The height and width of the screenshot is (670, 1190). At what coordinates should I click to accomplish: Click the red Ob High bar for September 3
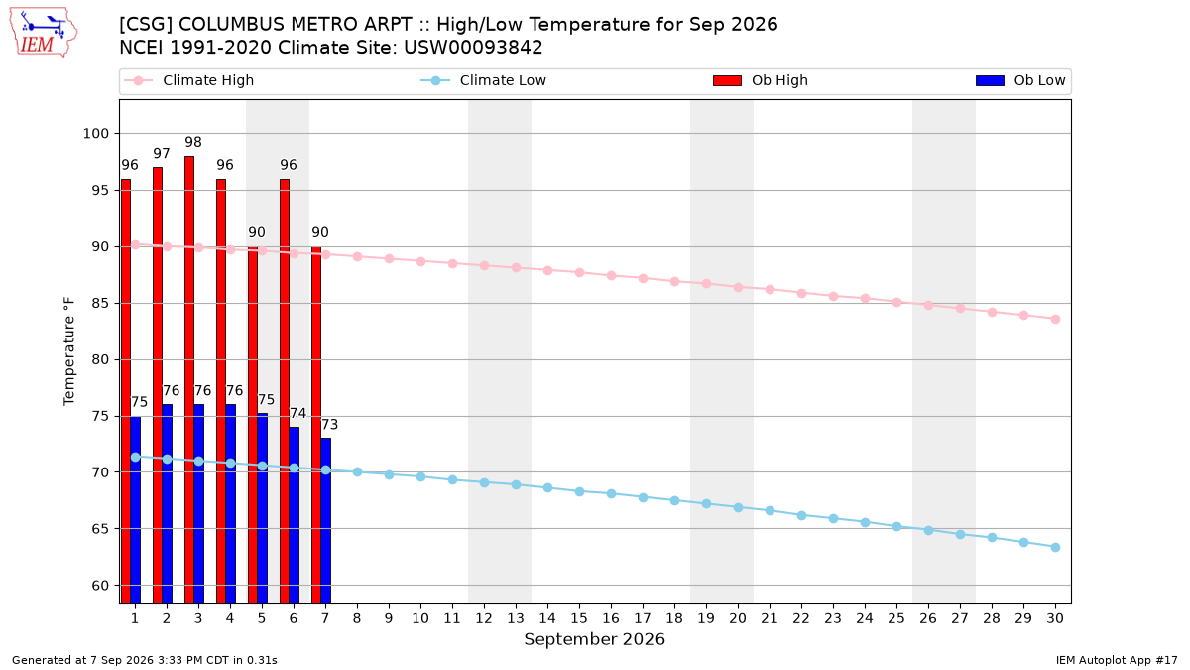pyautogui.click(x=189, y=379)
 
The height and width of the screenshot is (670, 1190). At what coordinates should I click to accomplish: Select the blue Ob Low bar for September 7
pyautogui.click(x=325, y=521)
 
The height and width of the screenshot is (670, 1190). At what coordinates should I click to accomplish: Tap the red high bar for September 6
pyautogui.click(x=285, y=391)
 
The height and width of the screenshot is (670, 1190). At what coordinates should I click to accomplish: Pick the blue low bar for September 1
pyautogui.click(x=136, y=510)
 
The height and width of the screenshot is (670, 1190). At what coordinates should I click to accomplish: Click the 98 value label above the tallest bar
pyautogui.click(x=193, y=142)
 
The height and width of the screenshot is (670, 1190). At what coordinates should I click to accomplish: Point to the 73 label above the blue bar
pyautogui.click(x=330, y=425)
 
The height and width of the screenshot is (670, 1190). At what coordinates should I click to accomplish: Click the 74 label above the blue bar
pyautogui.click(x=298, y=413)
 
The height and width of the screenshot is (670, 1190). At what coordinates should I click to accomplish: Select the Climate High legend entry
pyautogui.click(x=188, y=80)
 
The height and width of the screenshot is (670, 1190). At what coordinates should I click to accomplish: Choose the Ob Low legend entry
pyautogui.click(x=1020, y=80)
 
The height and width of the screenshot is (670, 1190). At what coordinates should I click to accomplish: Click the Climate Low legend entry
pyautogui.click(x=484, y=80)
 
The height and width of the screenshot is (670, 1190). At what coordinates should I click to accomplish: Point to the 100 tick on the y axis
pyautogui.click(x=95, y=133)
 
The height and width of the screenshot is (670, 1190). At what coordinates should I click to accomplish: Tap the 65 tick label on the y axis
pyautogui.click(x=100, y=529)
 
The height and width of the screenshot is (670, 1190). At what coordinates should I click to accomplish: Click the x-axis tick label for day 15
pyautogui.click(x=579, y=618)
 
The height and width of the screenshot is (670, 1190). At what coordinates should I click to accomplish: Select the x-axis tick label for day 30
pyautogui.click(x=1055, y=618)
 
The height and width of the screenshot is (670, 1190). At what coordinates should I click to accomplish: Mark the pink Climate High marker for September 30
pyautogui.click(x=1055, y=319)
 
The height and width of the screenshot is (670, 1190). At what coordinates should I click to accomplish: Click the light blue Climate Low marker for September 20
pyautogui.click(x=738, y=508)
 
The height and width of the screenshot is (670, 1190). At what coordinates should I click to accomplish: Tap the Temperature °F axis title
pyautogui.click(x=69, y=351)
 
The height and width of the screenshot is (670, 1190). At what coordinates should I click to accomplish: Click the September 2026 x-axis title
pyautogui.click(x=594, y=639)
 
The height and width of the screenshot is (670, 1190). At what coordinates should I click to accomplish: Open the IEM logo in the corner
pyautogui.click(x=43, y=33)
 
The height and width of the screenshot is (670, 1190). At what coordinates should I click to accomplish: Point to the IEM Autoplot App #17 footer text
pyautogui.click(x=1117, y=660)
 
